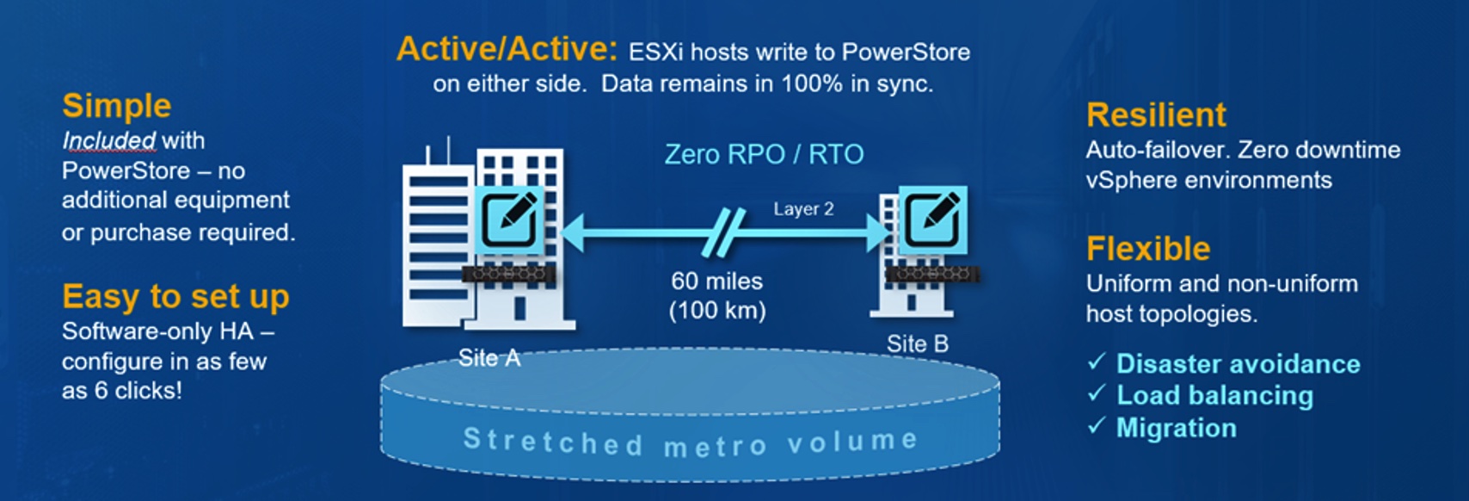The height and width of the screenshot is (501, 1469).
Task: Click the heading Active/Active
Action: point(507,49)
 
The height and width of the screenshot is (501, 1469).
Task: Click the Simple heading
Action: point(117,106)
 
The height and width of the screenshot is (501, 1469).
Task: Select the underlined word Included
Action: point(109,140)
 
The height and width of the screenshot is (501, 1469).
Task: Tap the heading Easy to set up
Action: point(175,297)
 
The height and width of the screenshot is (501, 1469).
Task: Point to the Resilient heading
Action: point(1156,114)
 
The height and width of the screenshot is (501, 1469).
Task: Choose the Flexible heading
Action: point(1148,249)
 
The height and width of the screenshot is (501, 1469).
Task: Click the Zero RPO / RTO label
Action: point(764,155)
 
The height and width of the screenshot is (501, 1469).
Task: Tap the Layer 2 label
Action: point(803,209)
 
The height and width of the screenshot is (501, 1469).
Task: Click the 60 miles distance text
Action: point(716,281)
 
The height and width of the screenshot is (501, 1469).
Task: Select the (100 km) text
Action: point(717,311)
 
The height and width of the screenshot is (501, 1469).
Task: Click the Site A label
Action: point(489,358)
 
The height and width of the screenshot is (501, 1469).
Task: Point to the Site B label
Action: point(918,343)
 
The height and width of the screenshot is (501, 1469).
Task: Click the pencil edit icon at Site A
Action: point(509,220)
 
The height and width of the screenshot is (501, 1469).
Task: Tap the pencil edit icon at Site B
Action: point(932,220)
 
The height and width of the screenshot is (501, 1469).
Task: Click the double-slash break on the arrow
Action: point(723,233)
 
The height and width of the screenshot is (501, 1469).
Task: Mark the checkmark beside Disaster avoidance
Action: point(1097,362)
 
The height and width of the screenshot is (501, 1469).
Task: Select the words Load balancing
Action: point(1214,395)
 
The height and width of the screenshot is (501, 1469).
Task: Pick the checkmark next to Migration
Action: point(1097,425)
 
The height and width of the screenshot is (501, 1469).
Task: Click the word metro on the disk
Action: point(715,447)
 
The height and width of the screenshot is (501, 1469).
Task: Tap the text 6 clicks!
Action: point(138,391)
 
